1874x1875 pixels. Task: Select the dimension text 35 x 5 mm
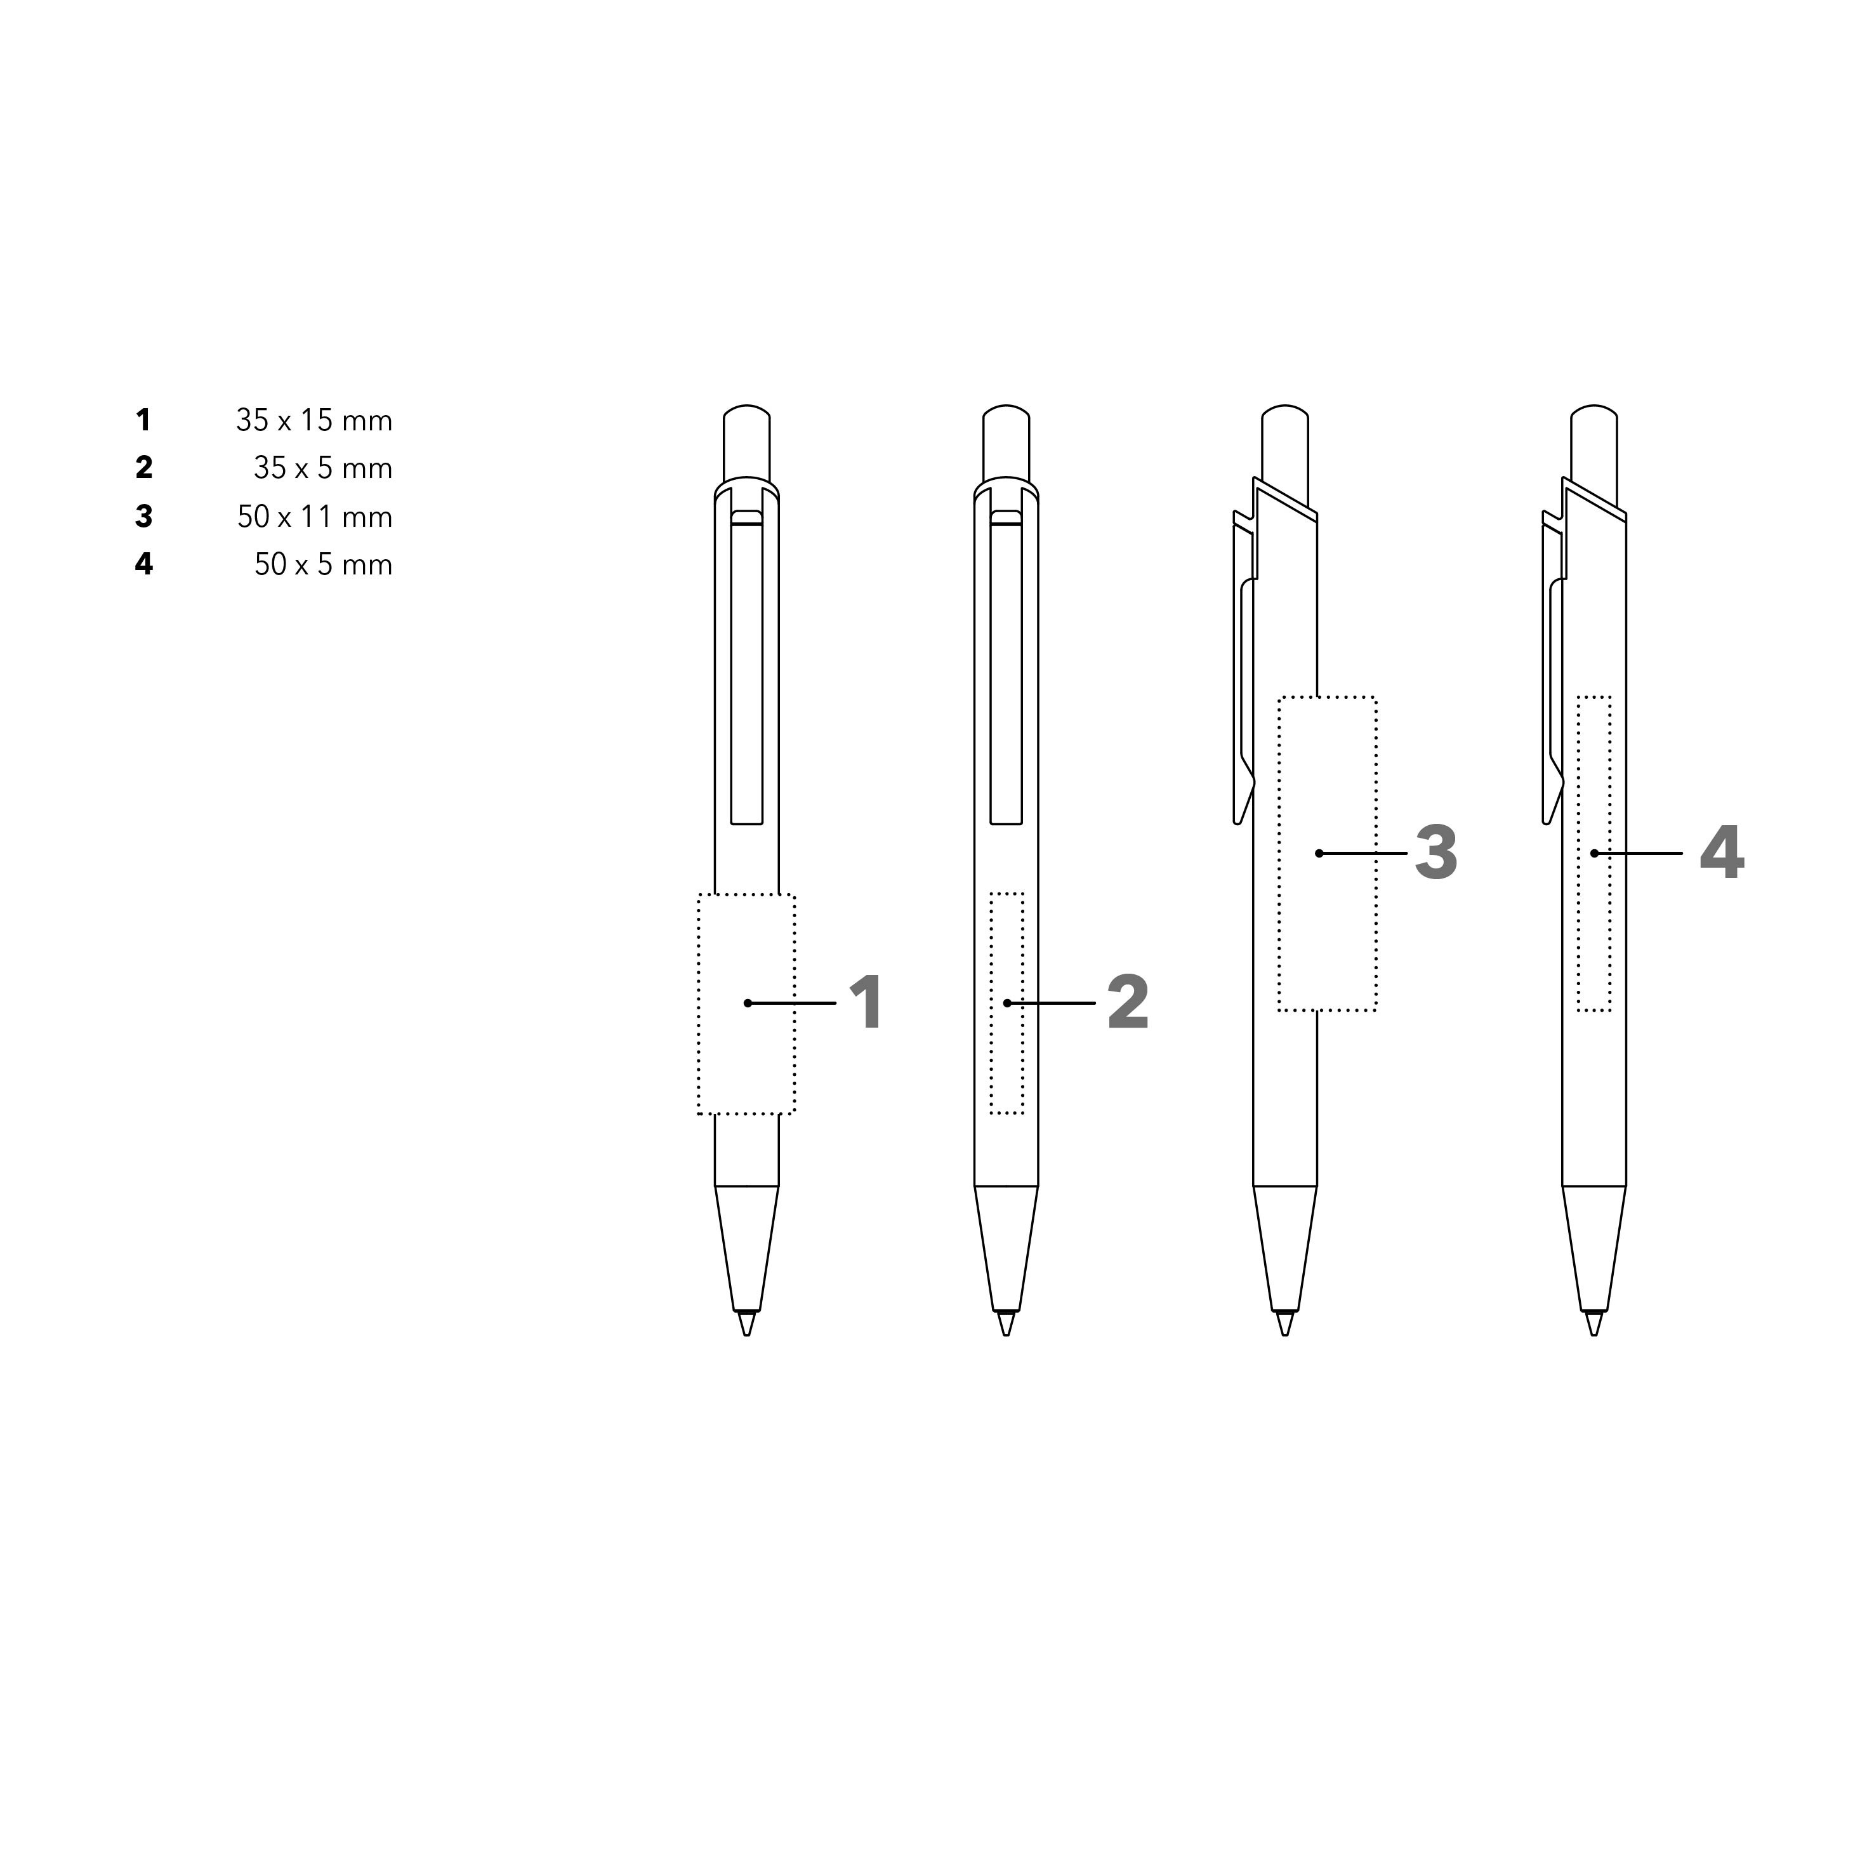[323, 468]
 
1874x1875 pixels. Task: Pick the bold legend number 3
[143, 516]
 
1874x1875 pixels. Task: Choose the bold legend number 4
[143, 564]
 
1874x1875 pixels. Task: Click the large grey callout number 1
[867, 1002]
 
